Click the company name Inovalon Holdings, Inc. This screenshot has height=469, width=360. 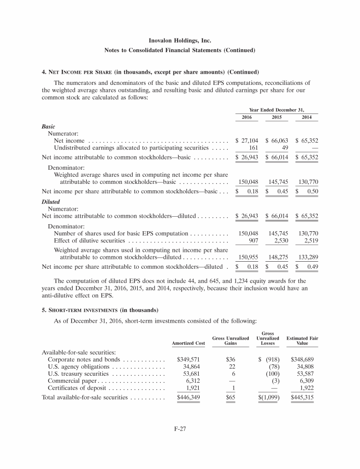[x=180, y=41]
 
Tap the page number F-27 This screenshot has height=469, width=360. [x=180, y=427]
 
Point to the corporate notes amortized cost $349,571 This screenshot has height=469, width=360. [x=190, y=360]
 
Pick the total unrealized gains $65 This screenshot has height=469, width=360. [x=230, y=397]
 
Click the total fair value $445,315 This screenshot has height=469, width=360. [x=302, y=397]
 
